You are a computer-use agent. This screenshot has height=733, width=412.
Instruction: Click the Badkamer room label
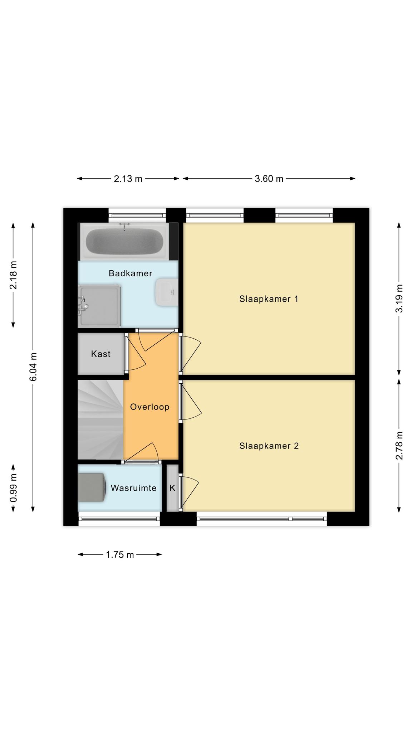coord(130,273)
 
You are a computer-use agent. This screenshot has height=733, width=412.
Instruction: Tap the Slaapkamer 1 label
coord(269,299)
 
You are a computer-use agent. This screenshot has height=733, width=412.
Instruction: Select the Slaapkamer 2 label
coord(269,446)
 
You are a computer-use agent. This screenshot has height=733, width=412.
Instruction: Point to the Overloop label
coord(149,407)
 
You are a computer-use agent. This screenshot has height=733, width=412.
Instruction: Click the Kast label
coord(101,354)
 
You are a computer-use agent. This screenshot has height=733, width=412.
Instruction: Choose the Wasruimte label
coord(133,488)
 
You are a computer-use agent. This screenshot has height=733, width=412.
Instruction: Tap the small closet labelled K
coord(172,488)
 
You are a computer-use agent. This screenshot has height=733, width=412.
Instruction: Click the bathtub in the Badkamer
coord(124,241)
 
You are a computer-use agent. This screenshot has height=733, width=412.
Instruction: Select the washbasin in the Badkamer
coord(166,292)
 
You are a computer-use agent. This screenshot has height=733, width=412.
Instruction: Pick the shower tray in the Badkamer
coord(99,306)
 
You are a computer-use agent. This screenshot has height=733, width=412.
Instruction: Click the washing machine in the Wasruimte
coord(92,487)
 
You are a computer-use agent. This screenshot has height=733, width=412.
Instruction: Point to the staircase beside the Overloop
coord(100,419)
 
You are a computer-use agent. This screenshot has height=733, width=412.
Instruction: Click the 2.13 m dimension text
coord(128,179)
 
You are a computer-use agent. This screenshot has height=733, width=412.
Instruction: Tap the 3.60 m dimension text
coord(269,179)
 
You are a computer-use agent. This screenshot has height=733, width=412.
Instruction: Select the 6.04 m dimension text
coord(33,367)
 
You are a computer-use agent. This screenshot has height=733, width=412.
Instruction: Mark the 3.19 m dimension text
coord(399,298)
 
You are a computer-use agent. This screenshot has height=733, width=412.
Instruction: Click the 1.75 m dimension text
coord(120,555)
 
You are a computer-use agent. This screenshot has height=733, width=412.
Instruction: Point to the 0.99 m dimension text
coord(13,488)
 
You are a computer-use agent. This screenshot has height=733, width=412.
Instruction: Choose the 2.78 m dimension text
coord(399,446)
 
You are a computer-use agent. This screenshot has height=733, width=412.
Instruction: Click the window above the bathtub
coord(137,215)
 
